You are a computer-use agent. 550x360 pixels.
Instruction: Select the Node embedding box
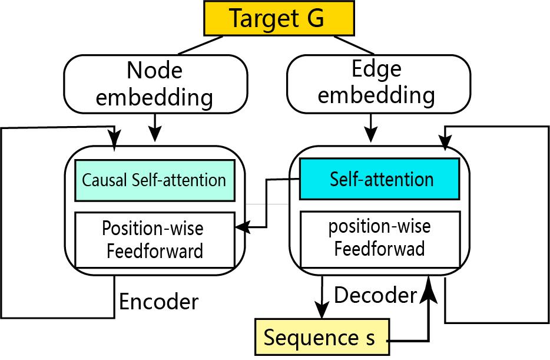pos(155,84)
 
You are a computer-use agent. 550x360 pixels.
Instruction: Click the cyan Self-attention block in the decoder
pos(379,179)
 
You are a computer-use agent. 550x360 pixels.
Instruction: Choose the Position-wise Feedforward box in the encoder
pos(154,239)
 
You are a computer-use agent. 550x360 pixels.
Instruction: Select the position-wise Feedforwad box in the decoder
pos(379,238)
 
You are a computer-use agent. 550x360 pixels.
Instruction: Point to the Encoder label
pos(159,302)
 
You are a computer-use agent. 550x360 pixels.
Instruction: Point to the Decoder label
pos(376,295)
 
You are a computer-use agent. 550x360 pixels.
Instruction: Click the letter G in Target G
pos(314,18)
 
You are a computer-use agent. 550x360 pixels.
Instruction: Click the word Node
pos(155,71)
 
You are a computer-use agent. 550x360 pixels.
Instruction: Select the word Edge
pos(376,69)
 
